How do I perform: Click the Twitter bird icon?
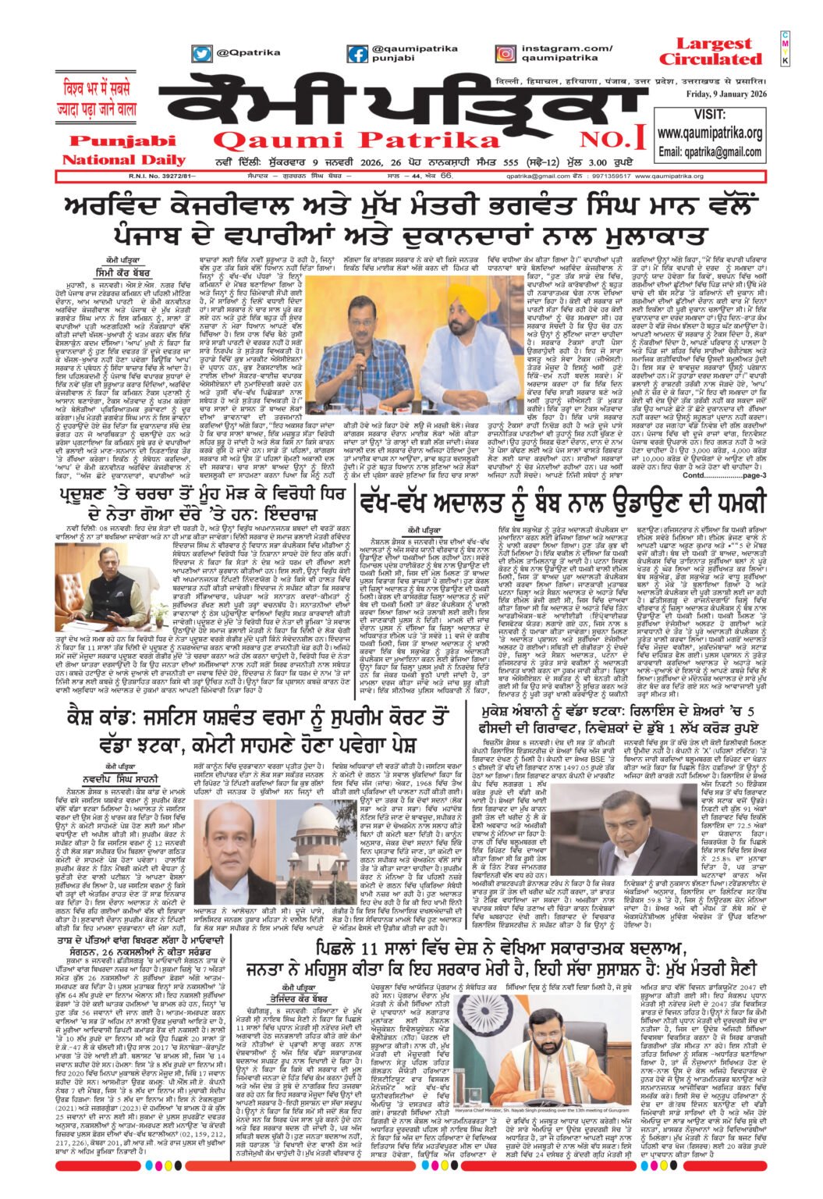click(202, 54)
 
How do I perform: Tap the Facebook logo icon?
click(358, 54)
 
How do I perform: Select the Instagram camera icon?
click(505, 54)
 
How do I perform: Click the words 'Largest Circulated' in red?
click(713, 52)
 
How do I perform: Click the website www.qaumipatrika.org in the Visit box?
click(711, 132)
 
